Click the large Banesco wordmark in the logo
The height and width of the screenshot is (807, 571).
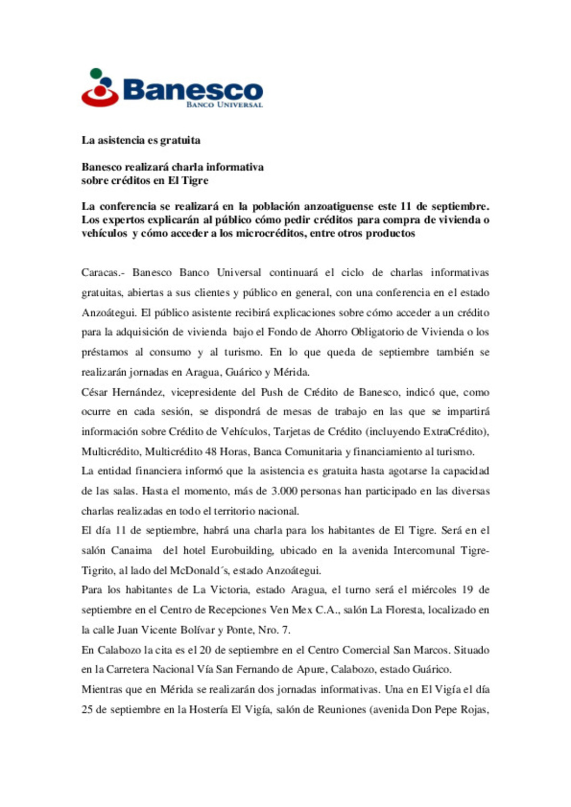(192, 90)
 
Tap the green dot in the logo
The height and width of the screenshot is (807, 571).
(96, 73)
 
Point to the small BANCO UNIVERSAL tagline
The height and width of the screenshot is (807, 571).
(224, 105)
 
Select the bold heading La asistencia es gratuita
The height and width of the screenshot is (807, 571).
(141, 140)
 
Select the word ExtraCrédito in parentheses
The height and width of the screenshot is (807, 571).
(453, 432)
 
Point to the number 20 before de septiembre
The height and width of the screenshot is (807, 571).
(206, 650)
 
